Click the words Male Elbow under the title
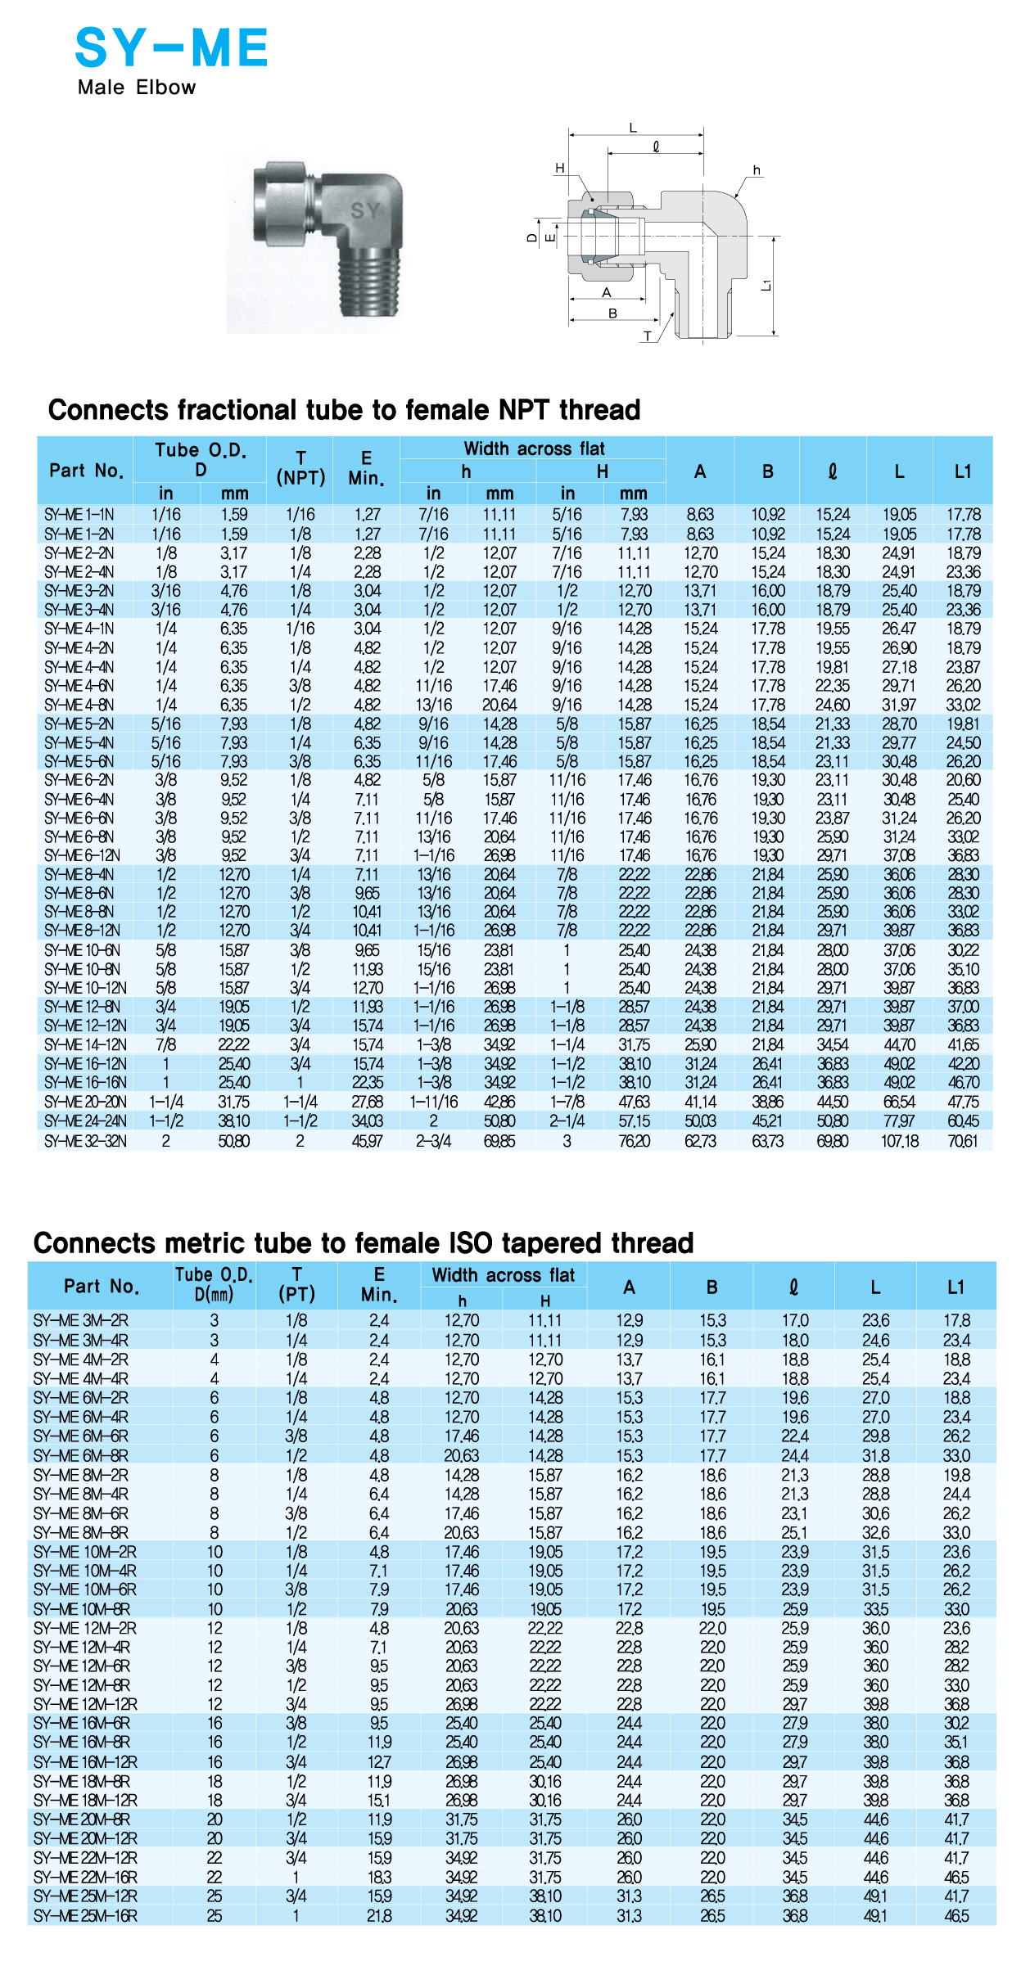click(x=137, y=88)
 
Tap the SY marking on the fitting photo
click(x=365, y=210)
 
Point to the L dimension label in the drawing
click(x=632, y=128)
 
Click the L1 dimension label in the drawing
click(x=766, y=285)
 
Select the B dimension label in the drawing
click(x=612, y=313)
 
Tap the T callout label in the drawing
click(x=648, y=336)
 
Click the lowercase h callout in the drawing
click(x=757, y=170)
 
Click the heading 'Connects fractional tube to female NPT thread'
click(x=344, y=409)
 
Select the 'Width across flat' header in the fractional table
click(x=534, y=449)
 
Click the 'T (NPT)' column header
click(x=300, y=469)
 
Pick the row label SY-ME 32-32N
click(x=85, y=1141)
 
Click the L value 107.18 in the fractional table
click(x=899, y=1141)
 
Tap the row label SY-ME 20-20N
click(x=85, y=1102)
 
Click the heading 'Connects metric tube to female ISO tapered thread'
click(x=364, y=1242)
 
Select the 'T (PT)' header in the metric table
click(x=296, y=1284)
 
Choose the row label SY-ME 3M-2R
click(x=81, y=1320)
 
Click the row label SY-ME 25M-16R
click(x=85, y=1916)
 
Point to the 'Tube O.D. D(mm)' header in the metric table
click(x=214, y=1284)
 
